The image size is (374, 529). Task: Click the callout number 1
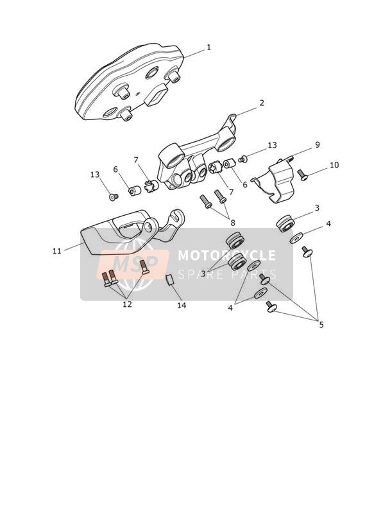208,48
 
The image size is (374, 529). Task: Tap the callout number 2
262,103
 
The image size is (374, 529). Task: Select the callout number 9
318,144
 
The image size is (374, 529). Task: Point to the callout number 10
334,165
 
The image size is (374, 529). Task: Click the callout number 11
57,250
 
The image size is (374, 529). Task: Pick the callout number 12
127,304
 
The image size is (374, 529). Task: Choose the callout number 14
182,306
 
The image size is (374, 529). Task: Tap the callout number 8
233,223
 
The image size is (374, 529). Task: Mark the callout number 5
321,325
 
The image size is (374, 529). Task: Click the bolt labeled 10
303,175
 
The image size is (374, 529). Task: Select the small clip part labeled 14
169,280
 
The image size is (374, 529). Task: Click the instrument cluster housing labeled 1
129,82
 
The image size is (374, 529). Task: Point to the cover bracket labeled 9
274,180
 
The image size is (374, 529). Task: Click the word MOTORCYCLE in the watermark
226,256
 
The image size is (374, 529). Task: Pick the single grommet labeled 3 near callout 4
285,223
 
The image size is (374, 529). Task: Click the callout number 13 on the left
96,175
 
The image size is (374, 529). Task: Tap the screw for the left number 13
114,196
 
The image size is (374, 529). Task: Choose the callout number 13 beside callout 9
272,145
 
